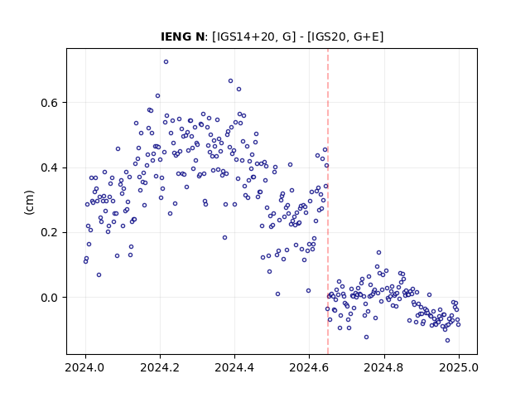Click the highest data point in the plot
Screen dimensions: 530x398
click(x=166, y=62)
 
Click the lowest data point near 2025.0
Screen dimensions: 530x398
click(x=447, y=341)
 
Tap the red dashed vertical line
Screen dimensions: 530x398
click(x=328, y=201)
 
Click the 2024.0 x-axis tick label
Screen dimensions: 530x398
click(x=85, y=367)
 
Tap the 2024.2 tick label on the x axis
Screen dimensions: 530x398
click(x=160, y=367)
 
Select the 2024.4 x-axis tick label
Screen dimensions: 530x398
click(x=234, y=367)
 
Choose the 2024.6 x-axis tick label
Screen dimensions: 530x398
click(x=309, y=367)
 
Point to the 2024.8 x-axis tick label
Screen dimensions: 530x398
click(x=383, y=367)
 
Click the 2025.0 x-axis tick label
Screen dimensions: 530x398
click(x=459, y=367)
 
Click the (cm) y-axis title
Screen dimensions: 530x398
click(x=30, y=202)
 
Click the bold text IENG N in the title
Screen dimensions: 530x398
click(x=182, y=36)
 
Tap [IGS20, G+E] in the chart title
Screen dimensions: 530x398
click(x=345, y=36)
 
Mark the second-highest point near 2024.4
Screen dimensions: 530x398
click(x=238, y=90)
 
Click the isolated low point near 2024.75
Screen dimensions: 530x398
click(x=366, y=337)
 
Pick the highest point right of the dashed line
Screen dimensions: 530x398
click(x=379, y=252)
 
